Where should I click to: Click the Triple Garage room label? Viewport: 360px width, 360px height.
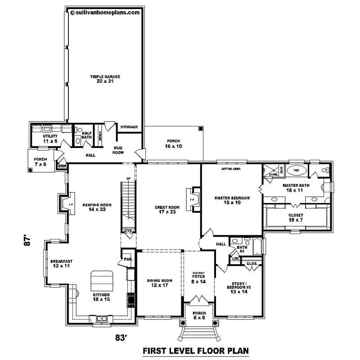(x=104, y=79)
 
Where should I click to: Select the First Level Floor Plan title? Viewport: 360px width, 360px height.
(x=195, y=350)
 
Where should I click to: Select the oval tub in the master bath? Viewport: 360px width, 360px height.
(x=296, y=171)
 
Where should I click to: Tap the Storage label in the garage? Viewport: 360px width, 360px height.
(x=129, y=127)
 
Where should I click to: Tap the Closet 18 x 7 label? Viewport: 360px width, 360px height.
(x=296, y=217)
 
